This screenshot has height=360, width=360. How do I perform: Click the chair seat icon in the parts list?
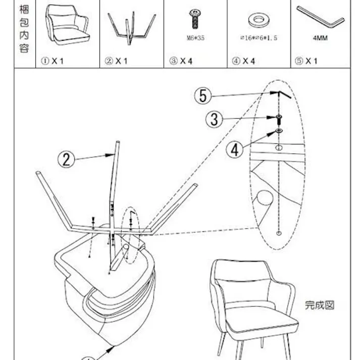[x=67, y=24]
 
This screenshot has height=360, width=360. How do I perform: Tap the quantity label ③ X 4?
[x=181, y=61]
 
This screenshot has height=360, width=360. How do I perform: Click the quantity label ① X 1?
[x=54, y=61]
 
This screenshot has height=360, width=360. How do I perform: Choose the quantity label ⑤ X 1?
[x=306, y=61]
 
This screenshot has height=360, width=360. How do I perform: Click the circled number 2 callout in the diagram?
[x=66, y=160]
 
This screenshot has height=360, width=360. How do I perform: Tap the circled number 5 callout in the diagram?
[x=203, y=95]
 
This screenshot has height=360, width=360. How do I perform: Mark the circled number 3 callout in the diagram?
[x=215, y=120]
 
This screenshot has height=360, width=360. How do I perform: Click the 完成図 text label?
[x=320, y=305]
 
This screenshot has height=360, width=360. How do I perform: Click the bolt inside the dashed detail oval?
[x=279, y=119]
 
